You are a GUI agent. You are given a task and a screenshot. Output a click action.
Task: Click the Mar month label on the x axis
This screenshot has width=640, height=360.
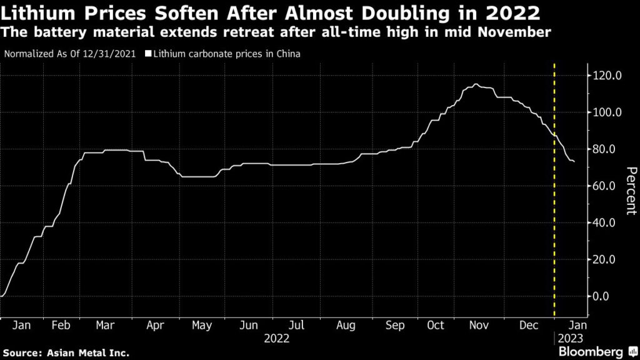105,325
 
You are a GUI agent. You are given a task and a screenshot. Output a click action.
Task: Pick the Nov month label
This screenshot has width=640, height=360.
477,325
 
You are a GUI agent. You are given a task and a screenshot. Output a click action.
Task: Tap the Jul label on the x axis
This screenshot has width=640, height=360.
297,325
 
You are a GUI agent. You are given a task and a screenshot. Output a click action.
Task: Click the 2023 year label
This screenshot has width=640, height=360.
570,339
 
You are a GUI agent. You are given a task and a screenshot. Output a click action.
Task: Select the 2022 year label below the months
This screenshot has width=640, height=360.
277,339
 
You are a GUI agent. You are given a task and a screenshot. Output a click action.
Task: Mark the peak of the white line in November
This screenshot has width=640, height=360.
476,84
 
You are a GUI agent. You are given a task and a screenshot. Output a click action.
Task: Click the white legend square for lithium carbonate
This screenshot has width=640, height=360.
148,54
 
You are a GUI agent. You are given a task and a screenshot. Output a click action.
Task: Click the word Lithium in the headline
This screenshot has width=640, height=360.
32,12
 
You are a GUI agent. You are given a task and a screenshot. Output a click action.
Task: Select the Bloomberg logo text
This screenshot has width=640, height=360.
592,351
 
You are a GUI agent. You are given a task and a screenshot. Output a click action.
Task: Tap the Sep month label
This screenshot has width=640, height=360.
395,325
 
